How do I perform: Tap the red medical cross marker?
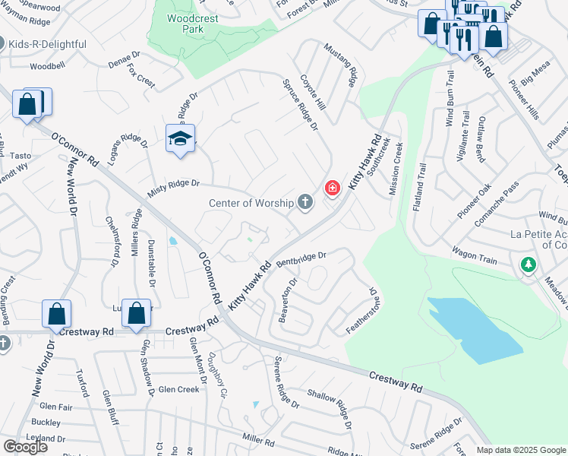click(332, 188)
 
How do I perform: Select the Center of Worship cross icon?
click(305, 202)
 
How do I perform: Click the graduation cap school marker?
click(180, 138)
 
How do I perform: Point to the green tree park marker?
click(528, 265)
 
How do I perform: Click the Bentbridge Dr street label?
click(301, 260)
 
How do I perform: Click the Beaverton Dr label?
click(288, 300)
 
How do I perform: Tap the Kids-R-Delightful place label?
click(47, 44)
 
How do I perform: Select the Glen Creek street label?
click(178, 389)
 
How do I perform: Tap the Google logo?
click(24, 447)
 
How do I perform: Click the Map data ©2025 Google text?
click(521, 450)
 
